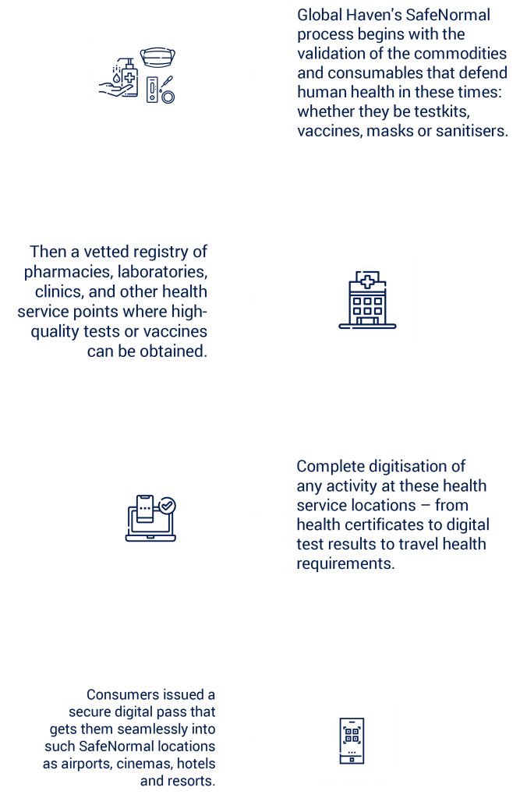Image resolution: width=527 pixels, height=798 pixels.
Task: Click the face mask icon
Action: pyautogui.click(x=157, y=57)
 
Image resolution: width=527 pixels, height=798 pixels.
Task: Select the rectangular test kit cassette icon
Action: pyautogui.click(x=152, y=90)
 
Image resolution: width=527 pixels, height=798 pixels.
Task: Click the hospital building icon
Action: pyautogui.click(x=367, y=300)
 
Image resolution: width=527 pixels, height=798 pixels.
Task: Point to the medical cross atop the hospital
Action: pyautogui.click(x=367, y=281)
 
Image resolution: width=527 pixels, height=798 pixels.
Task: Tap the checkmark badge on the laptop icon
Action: pyautogui.click(x=167, y=506)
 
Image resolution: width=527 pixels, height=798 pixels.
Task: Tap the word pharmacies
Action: pyautogui.click(x=69, y=272)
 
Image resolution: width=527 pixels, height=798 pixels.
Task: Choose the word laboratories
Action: pyautogui.click(x=162, y=272)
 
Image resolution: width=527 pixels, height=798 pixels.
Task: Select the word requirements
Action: pyautogui.click(x=345, y=564)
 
